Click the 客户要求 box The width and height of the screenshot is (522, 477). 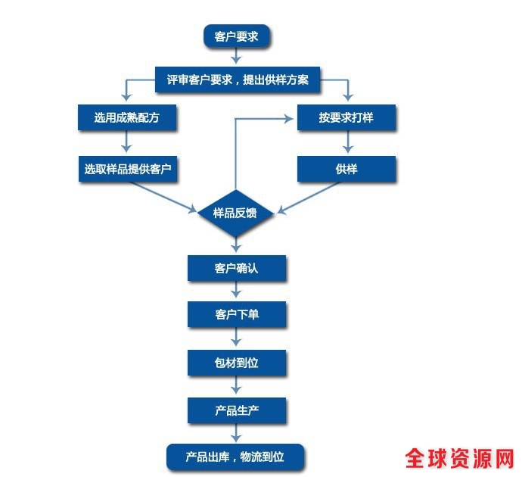tap(236, 36)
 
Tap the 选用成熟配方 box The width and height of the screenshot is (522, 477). tap(126, 118)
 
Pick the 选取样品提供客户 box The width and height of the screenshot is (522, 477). tap(126, 169)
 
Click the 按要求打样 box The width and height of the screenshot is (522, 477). tap(346, 118)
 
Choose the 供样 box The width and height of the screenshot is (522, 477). tap(346, 169)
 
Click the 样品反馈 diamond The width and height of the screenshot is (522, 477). tap(236, 213)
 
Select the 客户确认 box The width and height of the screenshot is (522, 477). tap(236, 267)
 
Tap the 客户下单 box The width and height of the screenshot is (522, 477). tap(236, 314)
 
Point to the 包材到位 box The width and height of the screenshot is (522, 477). tap(236, 363)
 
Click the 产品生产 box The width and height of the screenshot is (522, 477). tap(236, 411)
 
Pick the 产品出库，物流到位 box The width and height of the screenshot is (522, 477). tap(235, 457)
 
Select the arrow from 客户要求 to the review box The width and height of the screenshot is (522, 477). tap(236, 57)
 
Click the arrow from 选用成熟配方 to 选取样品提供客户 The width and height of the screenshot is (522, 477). tap(126, 143)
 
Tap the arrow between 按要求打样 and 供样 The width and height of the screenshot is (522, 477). tap(346, 143)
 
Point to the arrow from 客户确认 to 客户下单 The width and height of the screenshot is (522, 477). tap(236, 291)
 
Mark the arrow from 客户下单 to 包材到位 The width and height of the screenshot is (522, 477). tap(236, 338)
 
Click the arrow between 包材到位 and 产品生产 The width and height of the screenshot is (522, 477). tap(236, 387)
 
